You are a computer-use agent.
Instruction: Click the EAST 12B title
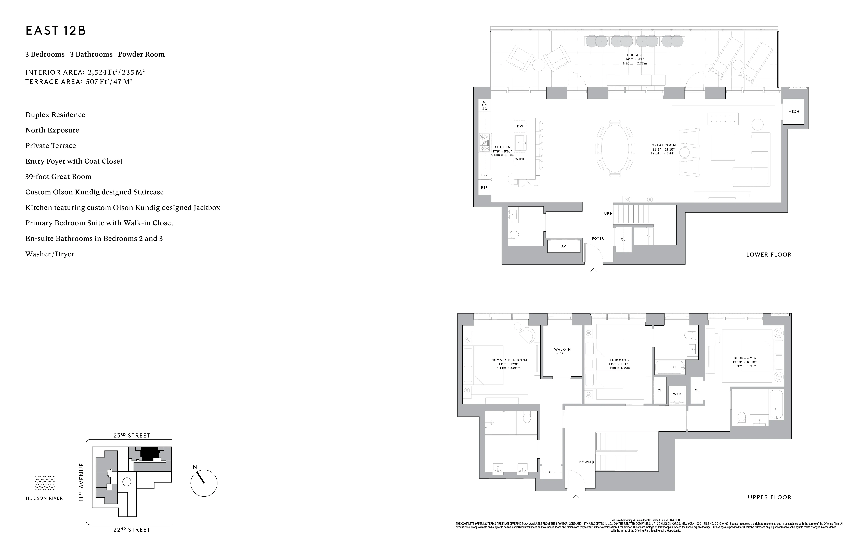[x=56, y=31]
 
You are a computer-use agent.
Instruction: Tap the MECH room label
[x=794, y=112]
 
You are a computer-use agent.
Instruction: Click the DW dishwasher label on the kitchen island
[x=520, y=126]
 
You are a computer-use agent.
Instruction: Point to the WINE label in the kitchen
[x=520, y=159]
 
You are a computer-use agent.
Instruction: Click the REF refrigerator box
[x=484, y=188]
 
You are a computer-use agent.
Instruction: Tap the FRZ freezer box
[x=484, y=175]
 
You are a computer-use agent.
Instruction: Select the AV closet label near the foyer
[x=563, y=246]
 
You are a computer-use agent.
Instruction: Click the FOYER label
[x=598, y=239]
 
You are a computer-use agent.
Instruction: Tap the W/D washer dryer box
[x=677, y=394]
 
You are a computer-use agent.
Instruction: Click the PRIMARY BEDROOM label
[x=508, y=360]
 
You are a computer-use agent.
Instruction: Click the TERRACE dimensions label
[x=635, y=59]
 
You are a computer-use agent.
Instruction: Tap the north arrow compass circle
[x=204, y=483]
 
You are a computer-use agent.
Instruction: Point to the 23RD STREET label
[x=132, y=435]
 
